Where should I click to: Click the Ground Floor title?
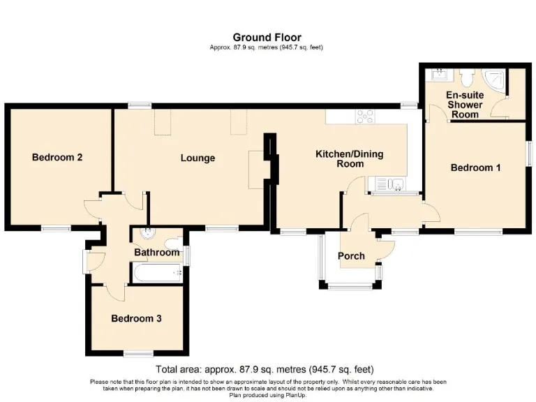point(267,37)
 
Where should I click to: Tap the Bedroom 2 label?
point(57,157)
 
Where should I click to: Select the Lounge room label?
point(198,158)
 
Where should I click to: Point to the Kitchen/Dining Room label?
point(350,158)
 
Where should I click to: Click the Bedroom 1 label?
point(475,167)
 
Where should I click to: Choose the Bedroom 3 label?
point(136,318)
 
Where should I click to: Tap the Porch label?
point(351,255)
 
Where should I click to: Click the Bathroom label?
point(156,252)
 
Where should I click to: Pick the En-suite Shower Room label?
point(465,105)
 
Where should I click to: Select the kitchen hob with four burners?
point(365,117)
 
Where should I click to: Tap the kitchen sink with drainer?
point(386,184)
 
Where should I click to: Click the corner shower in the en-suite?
point(493,81)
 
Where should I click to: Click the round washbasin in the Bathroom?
point(148,233)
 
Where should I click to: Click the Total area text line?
point(265,369)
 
